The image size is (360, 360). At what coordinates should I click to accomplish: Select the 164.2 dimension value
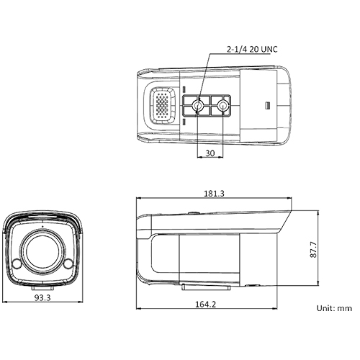coord(205,305)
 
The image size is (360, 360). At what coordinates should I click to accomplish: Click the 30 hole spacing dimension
coord(210,153)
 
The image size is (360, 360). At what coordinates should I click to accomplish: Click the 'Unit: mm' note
coord(334,308)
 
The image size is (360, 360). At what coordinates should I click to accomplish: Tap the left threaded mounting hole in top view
coord(197,108)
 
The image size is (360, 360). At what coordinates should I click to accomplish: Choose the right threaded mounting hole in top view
coord(222,108)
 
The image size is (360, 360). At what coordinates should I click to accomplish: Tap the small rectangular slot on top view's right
coord(269,106)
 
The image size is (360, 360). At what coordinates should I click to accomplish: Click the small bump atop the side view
coord(193,212)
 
